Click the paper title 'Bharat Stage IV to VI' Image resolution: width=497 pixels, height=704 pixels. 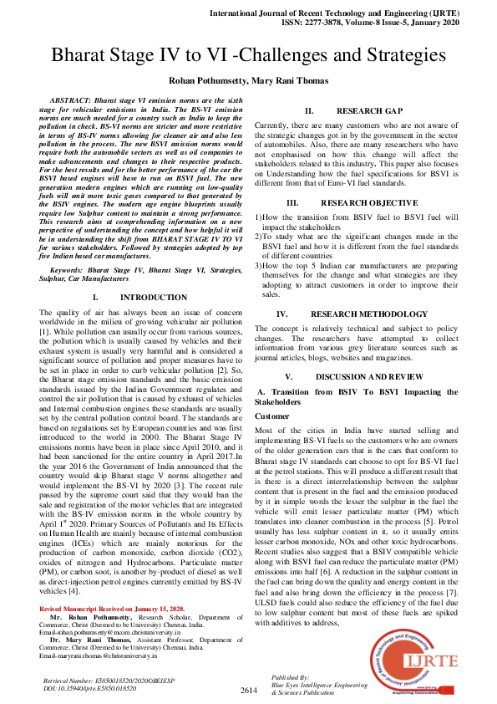248,56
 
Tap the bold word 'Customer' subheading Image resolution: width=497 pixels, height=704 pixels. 272,416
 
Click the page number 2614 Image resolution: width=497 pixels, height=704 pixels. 249,690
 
